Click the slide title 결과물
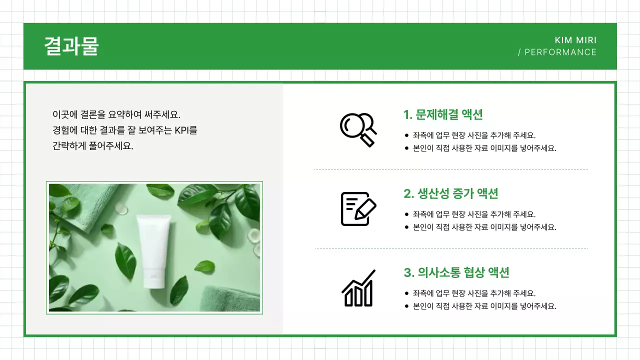pyautogui.click(x=71, y=46)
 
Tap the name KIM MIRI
pyautogui.click(x=575, y=40)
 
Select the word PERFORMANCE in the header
pyautogui.click(x=560, y=52)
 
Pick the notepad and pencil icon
pyautogui.click(x=358, y=208)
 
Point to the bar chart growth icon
pyautogui.click(x=358, y=288)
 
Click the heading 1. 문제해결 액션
pyautogui.click(x=443, y=114)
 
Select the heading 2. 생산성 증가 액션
pyautogui.click(x=450, y=193)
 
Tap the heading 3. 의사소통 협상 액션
pyautogui.click(x=456, y=272)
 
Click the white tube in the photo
pyautogui.click(x=154, y=250)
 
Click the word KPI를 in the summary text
pyautogui.click(x=185, y=130)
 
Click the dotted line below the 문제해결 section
pyautogui.click(x=451, y=170)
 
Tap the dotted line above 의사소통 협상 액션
pyautogui.click(x=451, y=248)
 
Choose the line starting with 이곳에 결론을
pyautogui.click(x=116, y=114)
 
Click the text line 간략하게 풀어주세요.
pyautogui.click(x=93, y=146)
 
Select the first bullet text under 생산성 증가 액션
pyautogui.click(x=474, y=214)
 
